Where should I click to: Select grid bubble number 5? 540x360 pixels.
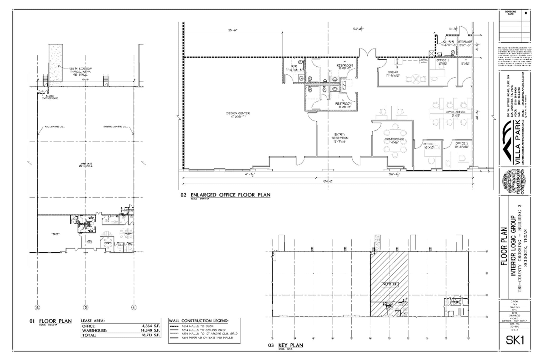tap(85, 307)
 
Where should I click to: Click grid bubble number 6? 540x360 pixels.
tap(37, 307)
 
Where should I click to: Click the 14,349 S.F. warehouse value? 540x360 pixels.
tap(150, 330)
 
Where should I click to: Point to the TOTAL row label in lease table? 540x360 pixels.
tap(89, 335)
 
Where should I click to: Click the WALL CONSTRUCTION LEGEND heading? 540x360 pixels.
tap(199, 321)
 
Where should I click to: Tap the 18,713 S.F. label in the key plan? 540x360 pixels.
tap(389, 285)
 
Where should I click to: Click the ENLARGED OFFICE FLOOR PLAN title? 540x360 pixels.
tap(230, 195)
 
